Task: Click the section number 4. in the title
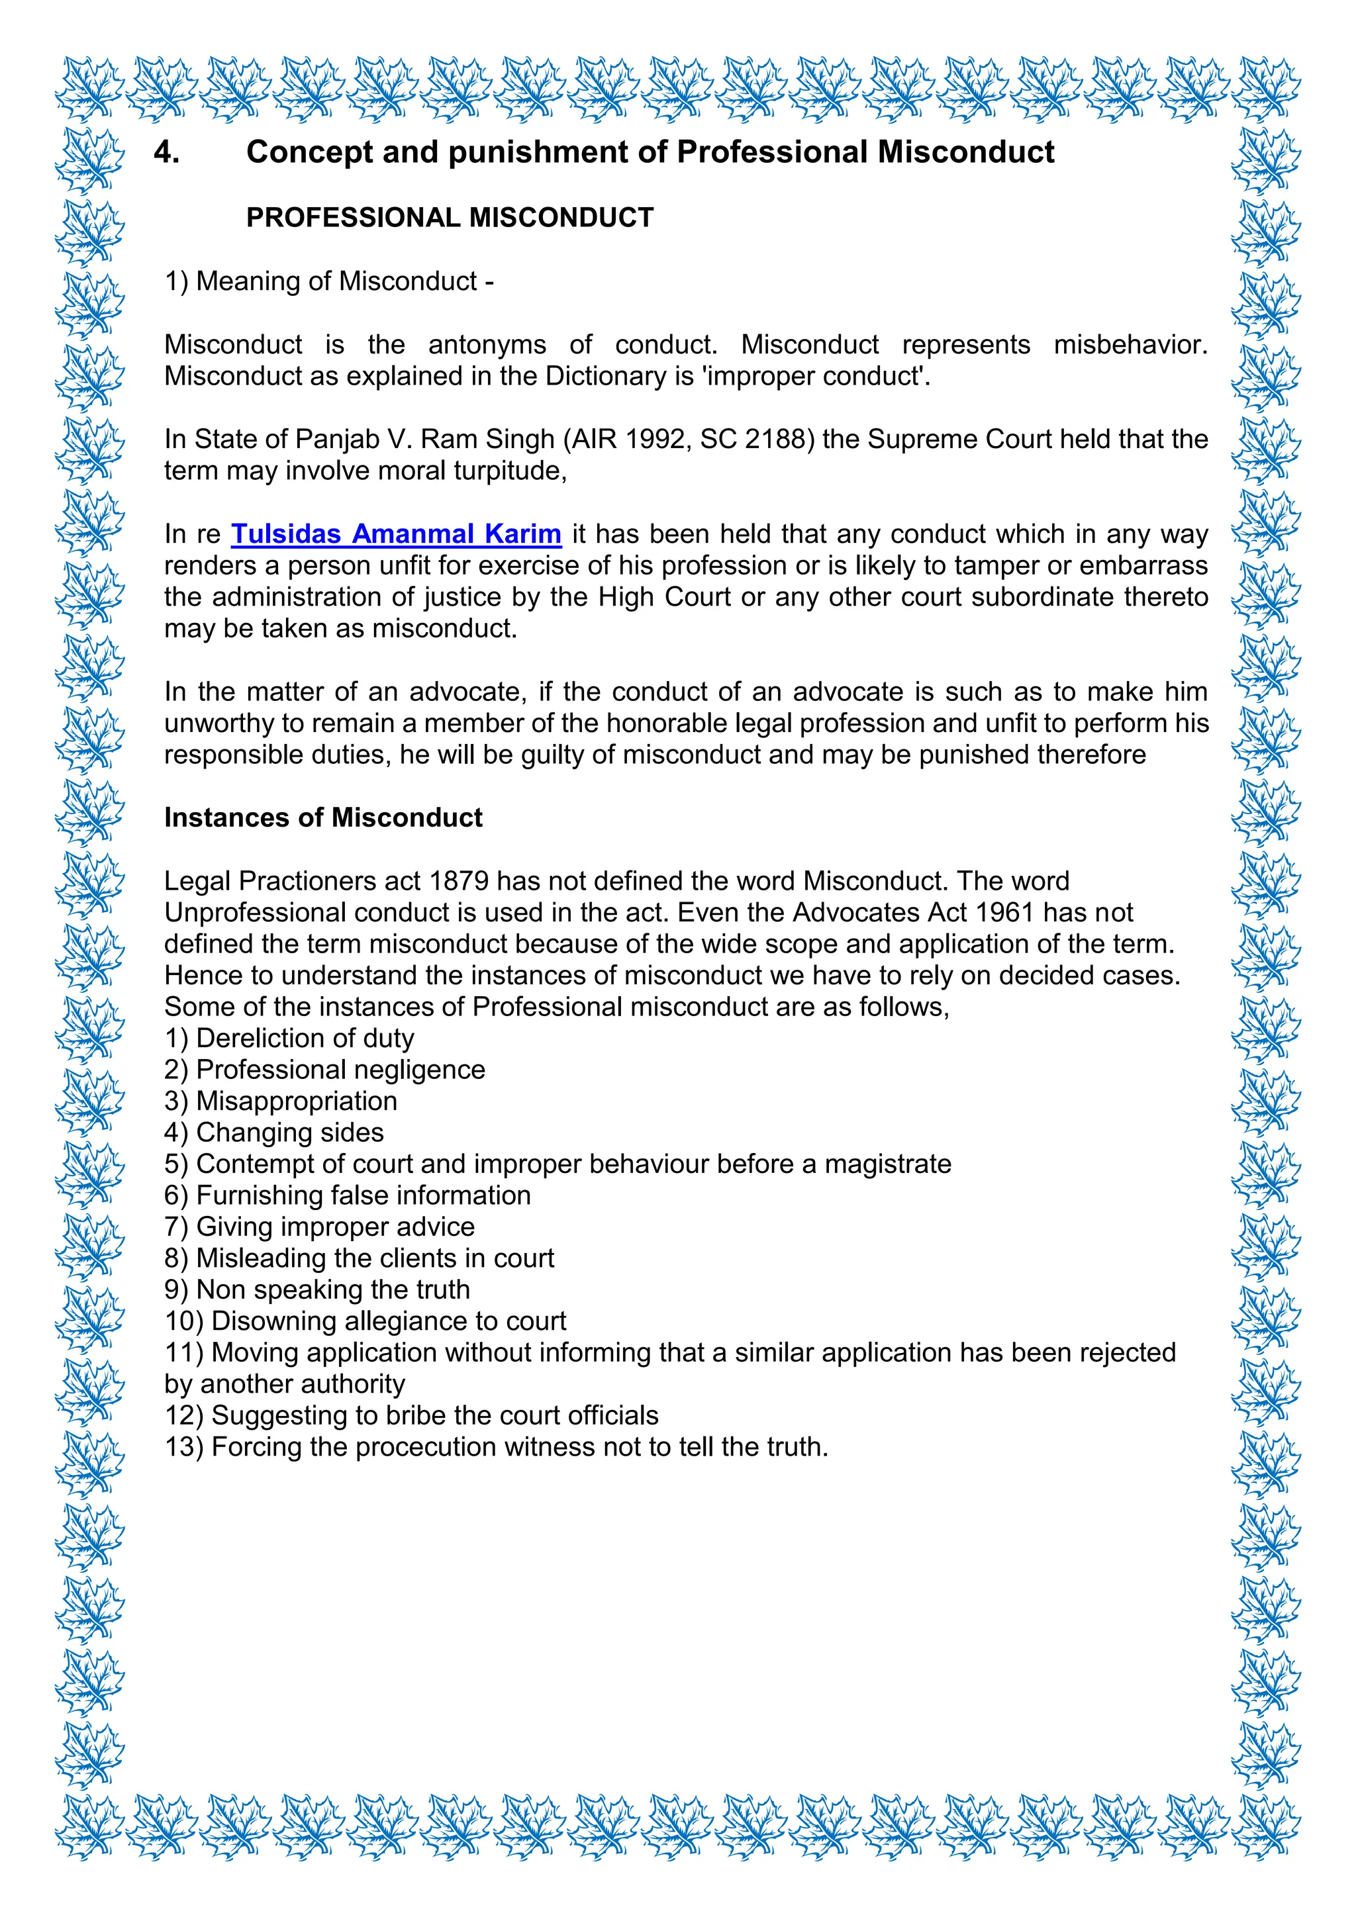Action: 167,152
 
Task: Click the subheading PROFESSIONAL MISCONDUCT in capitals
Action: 449,217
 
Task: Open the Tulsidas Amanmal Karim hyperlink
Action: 396,534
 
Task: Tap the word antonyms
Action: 487,344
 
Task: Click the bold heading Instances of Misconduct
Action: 323,818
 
